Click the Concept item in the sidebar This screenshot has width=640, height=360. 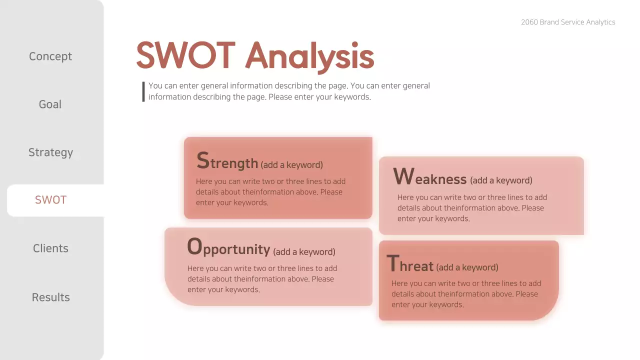50,56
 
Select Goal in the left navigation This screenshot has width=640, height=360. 50,104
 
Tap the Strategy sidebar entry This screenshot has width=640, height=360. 50,152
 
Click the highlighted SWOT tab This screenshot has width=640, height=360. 50,200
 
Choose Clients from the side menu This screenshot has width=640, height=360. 50,248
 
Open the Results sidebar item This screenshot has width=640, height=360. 50,297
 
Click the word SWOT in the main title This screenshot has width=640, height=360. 185,55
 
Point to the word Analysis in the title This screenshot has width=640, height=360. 309,56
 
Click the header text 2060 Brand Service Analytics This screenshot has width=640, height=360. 568,22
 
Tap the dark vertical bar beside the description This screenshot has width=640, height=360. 143,91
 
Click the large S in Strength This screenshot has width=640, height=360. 202,161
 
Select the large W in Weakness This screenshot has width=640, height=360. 403,176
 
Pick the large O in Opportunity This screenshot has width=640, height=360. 194,247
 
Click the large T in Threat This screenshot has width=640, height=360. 393,263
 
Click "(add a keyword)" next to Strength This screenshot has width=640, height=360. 291,164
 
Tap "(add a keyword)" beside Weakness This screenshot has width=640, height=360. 501,180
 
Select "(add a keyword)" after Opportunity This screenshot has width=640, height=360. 304,251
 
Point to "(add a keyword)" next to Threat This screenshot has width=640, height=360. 467,267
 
